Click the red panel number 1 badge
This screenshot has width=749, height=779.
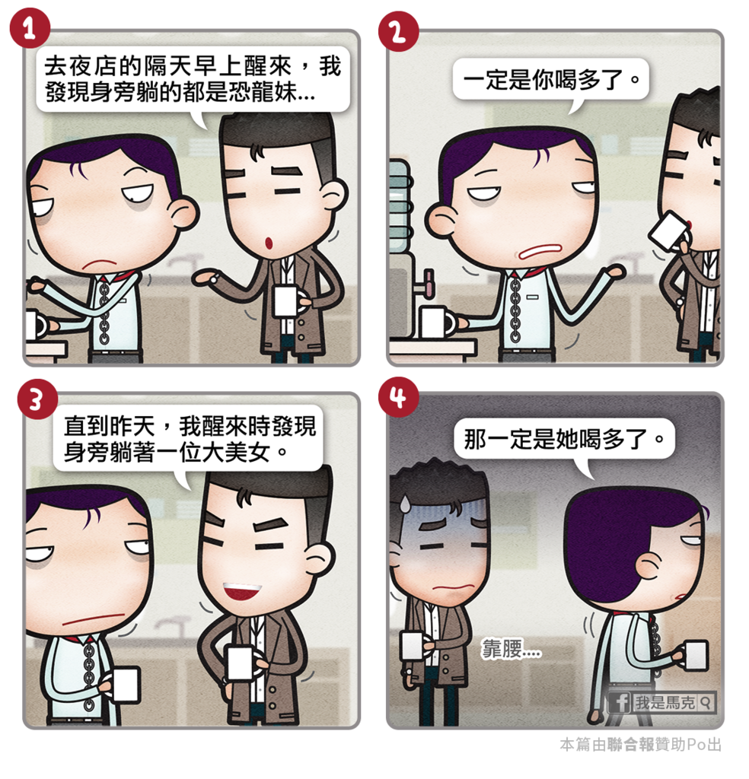click(x=30, y=28)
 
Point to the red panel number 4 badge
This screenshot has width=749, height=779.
click(x=398, y=397)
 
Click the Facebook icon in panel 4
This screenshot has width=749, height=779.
click(x=620, y=702)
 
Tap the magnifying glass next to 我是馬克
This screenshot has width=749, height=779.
click(x=706, y=702)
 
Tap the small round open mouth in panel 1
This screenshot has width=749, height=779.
click(x=269, y=243)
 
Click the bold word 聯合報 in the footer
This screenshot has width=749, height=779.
click(x=630, y=744)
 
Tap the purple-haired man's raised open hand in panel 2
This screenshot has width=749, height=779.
click(x=612, y=272)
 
